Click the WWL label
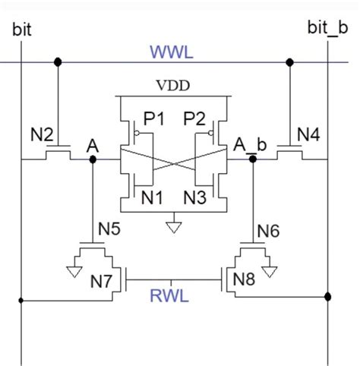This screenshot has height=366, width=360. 172,52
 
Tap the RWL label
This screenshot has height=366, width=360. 169,295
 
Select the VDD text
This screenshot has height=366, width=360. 173,86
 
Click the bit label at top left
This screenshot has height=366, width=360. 22,29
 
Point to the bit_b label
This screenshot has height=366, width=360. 327,28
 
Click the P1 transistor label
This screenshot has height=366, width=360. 154,118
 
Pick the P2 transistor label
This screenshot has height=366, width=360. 194,118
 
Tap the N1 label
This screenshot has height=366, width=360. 152,197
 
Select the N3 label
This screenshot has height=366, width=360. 194,197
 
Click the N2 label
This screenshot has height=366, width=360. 42,134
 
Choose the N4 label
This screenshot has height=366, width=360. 308,134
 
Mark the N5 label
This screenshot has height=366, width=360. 109,229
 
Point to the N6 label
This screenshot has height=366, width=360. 268,231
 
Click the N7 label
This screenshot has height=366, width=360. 101,281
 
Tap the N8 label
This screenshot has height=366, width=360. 244,279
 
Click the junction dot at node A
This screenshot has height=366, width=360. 93,159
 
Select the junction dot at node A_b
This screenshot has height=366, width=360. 253,159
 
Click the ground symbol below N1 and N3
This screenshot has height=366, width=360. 174,227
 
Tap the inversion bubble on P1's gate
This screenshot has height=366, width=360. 137,133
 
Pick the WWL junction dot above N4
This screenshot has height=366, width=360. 289,62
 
